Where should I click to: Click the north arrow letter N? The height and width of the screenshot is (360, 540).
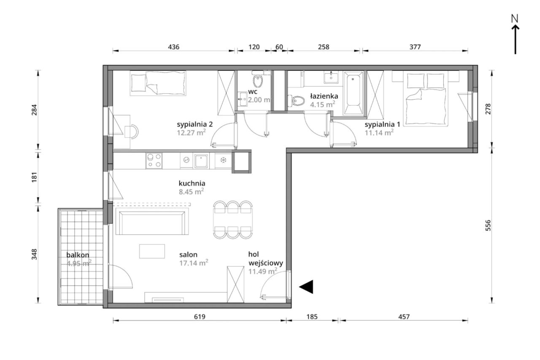[515, 19]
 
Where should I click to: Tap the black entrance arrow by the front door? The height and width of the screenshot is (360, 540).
[306, 287]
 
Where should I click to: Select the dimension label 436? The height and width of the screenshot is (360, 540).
[173, 47]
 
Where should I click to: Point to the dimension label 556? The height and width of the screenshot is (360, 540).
[488, 225]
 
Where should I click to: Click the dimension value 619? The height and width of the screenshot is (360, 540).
[200, 317]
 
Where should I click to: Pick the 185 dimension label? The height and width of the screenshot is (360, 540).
[312, 317]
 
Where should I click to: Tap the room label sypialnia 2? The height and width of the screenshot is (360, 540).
[195, 125]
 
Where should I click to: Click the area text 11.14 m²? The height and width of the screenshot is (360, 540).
[379, 133]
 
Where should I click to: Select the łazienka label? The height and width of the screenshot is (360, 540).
[324, 96]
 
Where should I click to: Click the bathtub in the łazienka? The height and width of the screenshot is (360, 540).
[353, 92]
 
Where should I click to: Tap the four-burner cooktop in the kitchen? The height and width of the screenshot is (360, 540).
[154, 161]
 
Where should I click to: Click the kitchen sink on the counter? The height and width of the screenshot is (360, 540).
[201, 161]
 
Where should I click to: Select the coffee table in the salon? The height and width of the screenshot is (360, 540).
[152, 251]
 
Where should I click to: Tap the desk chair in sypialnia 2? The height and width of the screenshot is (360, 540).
[132, 132]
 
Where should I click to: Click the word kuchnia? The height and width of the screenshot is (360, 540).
[192, 183]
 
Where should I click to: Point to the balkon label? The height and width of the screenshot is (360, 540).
[78, 255]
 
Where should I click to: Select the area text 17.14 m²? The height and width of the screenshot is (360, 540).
[194, 263]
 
